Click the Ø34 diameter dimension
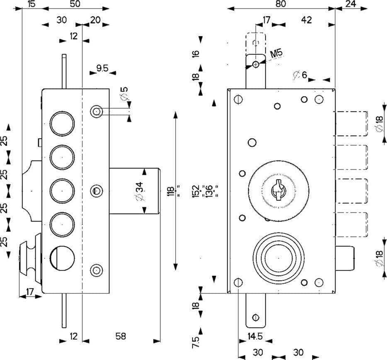point(139,191)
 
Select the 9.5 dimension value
point(102,68)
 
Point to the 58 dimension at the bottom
point(120,336)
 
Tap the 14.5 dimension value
point(255,336)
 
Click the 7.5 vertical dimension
point(195,342)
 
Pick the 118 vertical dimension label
point(170,191)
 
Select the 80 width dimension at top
point(281,4)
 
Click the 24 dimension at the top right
point(351,4)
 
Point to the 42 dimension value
point(306,20)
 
